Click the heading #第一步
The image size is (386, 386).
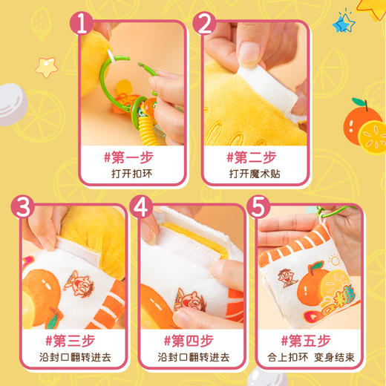[x=130, y=157]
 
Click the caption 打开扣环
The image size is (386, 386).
[x=130, y=177]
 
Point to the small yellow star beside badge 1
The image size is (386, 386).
[x=48, y=67]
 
